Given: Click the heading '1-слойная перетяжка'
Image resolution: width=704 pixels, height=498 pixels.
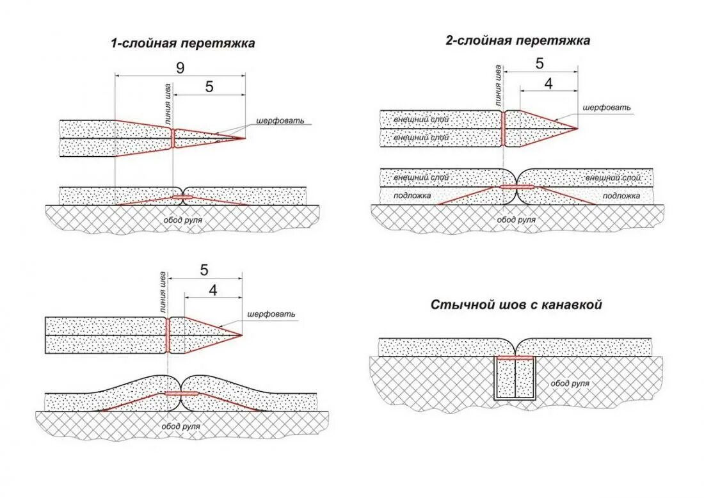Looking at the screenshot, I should [183, 44].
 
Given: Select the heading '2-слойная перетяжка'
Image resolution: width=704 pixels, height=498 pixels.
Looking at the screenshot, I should [518, 40].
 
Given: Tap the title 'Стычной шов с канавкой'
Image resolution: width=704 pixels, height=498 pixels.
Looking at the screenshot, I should [516, 305].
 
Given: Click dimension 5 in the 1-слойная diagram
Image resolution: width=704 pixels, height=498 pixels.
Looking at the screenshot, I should [209, 88].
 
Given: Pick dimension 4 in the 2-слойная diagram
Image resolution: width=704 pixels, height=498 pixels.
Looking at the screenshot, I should [548, 83].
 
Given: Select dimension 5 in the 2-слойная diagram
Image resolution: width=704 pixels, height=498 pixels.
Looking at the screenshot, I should [540, 63].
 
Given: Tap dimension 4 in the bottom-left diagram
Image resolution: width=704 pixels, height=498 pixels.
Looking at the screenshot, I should [213, 290].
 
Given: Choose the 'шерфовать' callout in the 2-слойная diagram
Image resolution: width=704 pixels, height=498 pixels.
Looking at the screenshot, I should [607, 108].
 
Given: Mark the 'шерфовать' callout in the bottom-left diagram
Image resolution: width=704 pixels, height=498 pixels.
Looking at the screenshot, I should [271, 314].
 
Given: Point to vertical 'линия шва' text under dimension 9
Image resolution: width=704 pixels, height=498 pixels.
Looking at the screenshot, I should [168, 102].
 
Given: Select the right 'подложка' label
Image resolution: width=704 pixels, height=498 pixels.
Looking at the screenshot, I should [621, 195].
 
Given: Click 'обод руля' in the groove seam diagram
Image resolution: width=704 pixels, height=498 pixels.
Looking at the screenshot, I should [570, 383].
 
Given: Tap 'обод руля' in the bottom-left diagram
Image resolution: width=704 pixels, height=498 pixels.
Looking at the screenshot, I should [180, 426].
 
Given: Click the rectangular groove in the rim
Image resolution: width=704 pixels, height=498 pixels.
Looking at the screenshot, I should [515, 378].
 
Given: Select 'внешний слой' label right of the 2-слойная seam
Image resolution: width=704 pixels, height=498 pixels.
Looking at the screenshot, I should [612, 177].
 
